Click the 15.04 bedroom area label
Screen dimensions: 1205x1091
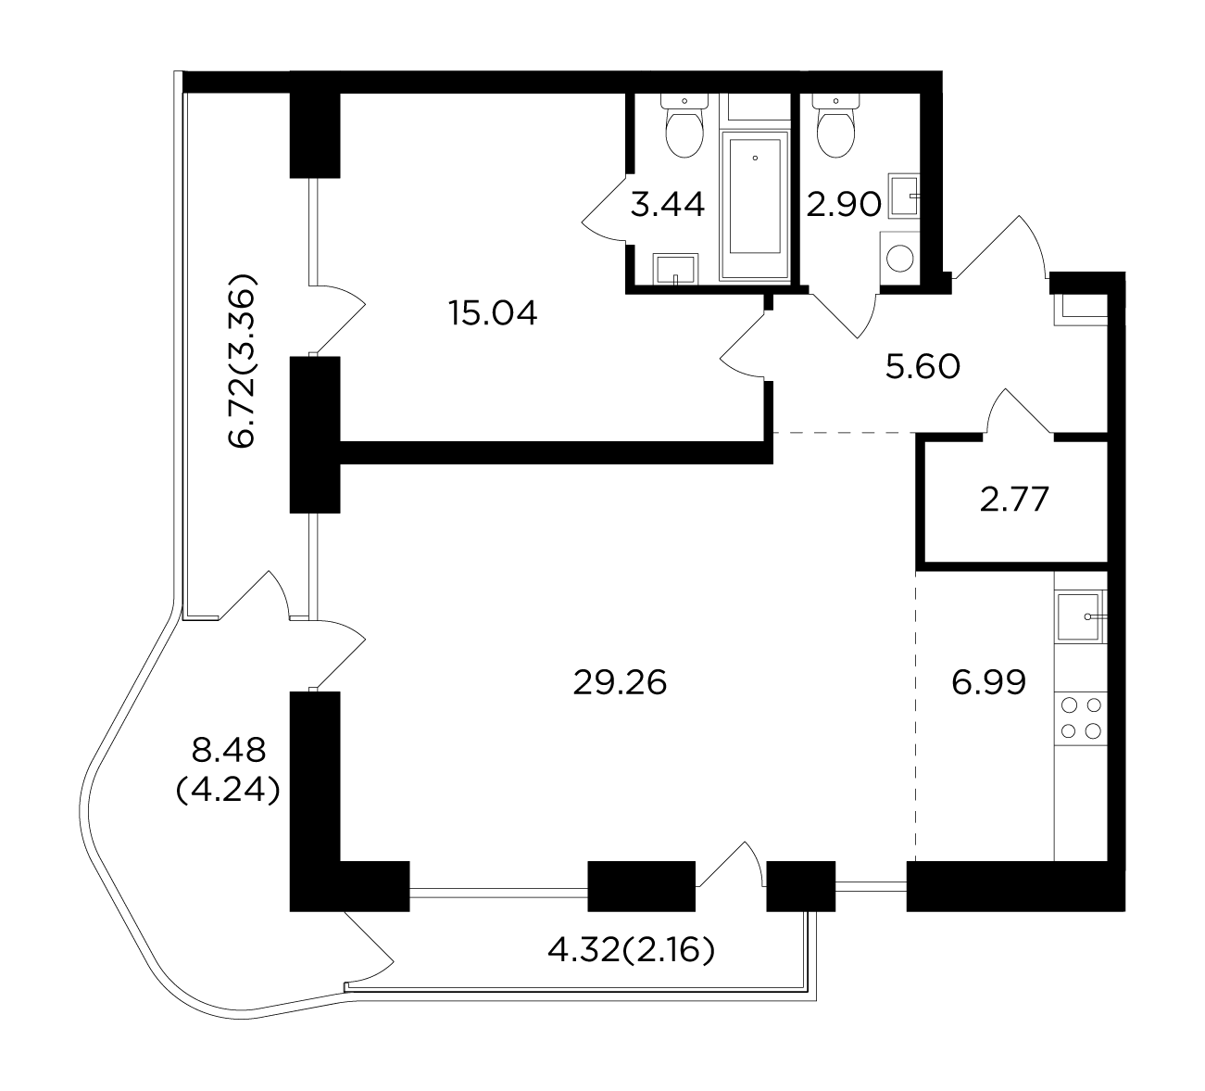493,313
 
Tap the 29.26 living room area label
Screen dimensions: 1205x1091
620,683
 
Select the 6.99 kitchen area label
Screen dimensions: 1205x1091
989,682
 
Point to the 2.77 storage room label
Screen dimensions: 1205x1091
1014,500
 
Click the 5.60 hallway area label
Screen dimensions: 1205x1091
923,366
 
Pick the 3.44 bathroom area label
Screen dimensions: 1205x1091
668,205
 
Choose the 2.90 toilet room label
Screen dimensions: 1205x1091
844,205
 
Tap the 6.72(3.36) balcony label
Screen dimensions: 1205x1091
243,361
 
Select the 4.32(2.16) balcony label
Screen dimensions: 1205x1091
632,951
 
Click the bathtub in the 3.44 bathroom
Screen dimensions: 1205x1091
755,205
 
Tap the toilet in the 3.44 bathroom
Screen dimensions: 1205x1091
684,126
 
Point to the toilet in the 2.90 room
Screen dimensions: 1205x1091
836,126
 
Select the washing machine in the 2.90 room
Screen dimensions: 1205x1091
900,259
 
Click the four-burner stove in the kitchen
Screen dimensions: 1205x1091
1081,718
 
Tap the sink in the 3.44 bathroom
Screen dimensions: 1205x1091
676,268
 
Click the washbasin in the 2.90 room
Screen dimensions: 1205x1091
904,195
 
